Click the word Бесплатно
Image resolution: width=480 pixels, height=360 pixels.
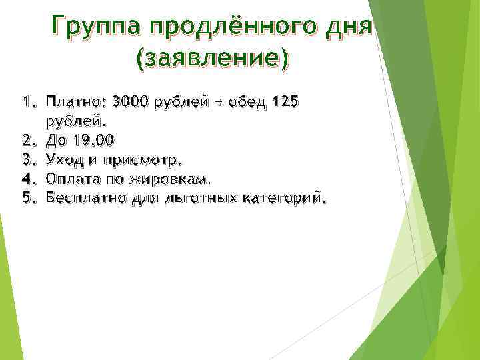pos(83,198)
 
